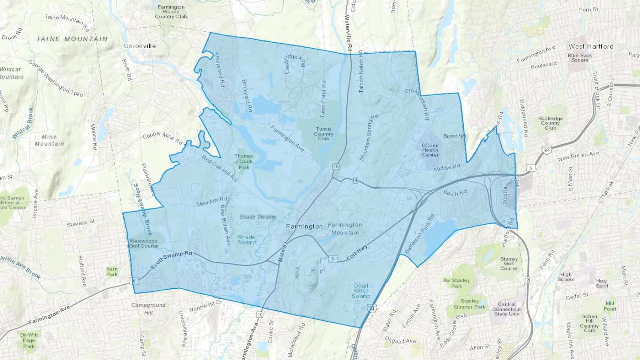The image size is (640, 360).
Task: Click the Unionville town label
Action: pos(140,46)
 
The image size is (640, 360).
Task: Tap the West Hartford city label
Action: pos(591,46)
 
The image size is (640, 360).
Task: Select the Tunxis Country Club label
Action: pos(324,134)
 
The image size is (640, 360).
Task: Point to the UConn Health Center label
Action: pos(430,150)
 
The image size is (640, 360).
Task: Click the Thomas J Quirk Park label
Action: pos(244,161)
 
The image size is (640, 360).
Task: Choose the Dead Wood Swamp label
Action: pos(361,291)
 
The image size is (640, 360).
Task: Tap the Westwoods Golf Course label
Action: pos(143,243)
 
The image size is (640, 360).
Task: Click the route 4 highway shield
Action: pos(356,181)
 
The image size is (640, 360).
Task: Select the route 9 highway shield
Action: pos(527,280)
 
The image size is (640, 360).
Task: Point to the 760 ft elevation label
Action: pos(316,272)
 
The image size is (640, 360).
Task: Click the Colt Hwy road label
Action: pos(357,252)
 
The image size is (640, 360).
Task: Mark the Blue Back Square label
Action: pos(580,58)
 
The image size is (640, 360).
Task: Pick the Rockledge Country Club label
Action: pos(550,123)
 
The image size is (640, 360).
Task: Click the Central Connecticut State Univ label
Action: pos(506,309)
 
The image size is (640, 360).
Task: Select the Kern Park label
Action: pos(112,272)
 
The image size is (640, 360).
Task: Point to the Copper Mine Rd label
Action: pos(162,138)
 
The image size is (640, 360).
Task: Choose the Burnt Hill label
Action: pos(454,136)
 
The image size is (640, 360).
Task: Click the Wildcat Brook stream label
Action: pos(23,123)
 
